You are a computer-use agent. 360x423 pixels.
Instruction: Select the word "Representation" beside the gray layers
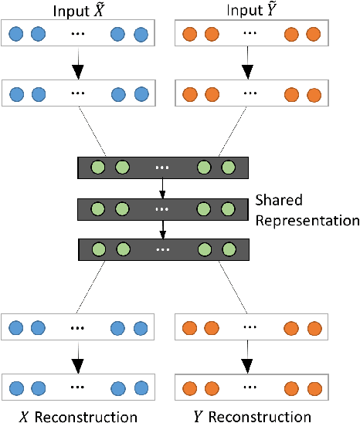306,220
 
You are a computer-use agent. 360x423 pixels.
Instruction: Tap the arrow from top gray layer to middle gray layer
162,189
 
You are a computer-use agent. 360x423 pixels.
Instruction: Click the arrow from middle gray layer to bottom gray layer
162,230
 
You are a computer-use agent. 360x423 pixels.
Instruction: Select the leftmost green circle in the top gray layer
97,168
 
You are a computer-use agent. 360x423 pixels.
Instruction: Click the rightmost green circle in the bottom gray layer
227,250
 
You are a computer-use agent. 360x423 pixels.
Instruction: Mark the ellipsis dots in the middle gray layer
162,209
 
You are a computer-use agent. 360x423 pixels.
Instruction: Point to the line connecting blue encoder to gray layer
93,132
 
